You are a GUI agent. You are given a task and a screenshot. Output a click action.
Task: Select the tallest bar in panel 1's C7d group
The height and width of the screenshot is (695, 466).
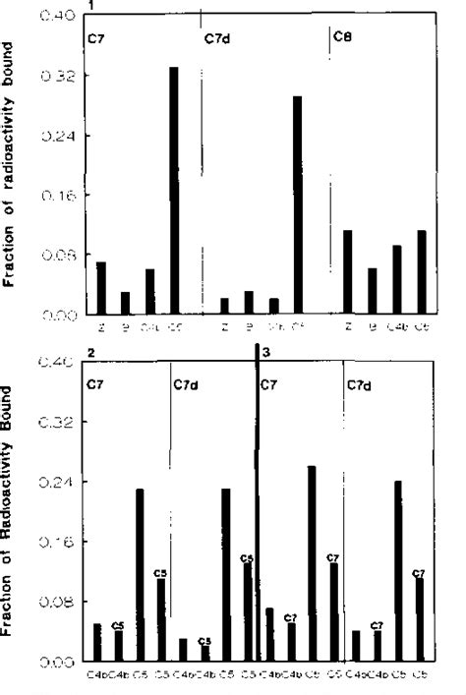pyautogui.click(x=297, y=205)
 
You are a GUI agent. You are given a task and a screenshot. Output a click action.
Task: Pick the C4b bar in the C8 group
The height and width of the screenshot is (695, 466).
pyautogui.click(x=397, y=280)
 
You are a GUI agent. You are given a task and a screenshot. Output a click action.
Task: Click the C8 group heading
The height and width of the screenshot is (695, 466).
pyautogui.click(x=343, y=38)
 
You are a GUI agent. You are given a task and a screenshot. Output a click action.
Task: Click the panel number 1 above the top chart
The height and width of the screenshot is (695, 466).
pyautogui.click(x=88, y=6)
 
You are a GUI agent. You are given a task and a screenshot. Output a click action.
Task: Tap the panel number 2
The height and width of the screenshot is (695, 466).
pyautogui.click(x=90, y=352)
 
